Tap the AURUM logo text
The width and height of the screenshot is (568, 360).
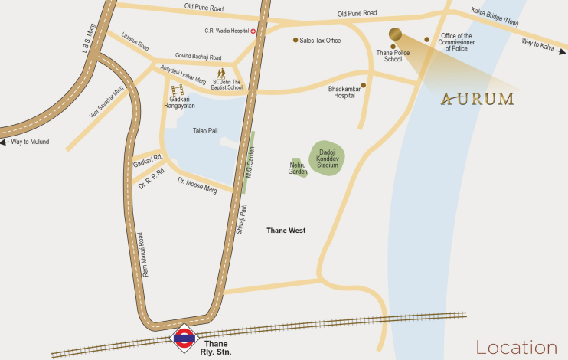[478, 99]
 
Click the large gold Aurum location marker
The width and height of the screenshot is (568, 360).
[395, 34]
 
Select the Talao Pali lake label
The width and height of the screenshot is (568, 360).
[205, 131]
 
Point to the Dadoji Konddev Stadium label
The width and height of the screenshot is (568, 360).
[328, 159]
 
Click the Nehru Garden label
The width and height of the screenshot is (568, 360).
[298, 168]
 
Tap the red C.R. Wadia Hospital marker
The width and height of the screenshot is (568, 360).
[253, 31]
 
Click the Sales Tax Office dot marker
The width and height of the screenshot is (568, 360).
[295, 40]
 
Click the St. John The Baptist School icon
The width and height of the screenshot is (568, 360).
[220, 74]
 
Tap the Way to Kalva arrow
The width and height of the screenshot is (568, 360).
[561, 52]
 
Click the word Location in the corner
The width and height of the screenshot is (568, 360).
[516, 347]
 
